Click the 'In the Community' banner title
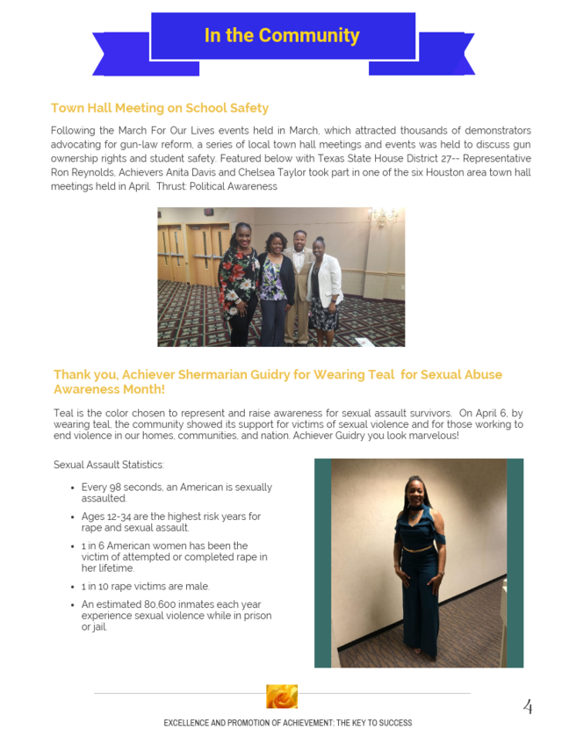[282, 36]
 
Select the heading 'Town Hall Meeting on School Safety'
[160, 108]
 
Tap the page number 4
[528, 705]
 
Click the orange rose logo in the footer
[282, 697]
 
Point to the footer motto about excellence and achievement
[287, 723]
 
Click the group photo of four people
[281, 277]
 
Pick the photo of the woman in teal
[418, 562]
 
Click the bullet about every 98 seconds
[176, 492]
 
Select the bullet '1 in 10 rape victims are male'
[146, 586]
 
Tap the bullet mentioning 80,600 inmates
[176, 615]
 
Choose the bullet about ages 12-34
[171, 522]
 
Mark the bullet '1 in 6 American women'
[174, 557]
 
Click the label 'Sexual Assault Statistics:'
[108, 464]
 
